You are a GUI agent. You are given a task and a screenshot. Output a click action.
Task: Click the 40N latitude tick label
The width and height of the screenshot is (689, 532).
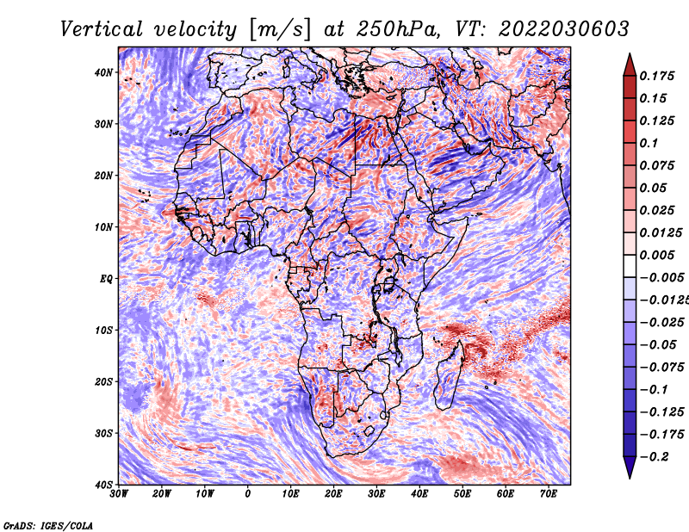tap(103, 72)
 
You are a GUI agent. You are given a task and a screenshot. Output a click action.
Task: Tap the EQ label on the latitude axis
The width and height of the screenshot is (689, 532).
tap(106, 279)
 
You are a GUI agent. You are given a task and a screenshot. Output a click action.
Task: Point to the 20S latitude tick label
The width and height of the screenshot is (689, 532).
tap(103, 381)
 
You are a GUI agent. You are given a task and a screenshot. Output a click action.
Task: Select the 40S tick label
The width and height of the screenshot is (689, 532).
tap(103, 485)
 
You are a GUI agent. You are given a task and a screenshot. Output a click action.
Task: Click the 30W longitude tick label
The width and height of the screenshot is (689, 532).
tap(119, 494)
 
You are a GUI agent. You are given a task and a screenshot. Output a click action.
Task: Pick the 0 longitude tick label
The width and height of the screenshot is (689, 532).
tap(248, 494)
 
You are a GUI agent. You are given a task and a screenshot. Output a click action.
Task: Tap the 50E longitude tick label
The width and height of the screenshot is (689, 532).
tap(462, 494)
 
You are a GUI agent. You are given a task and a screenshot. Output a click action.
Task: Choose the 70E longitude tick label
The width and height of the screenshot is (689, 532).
tap(549, 494)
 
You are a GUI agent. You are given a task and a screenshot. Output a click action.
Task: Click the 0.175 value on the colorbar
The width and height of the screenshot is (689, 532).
tap(657, 76)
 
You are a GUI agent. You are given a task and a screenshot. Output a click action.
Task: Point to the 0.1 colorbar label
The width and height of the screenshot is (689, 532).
tap(649, 143)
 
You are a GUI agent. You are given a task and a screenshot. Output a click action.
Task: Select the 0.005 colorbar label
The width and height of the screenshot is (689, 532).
tap(657, 255)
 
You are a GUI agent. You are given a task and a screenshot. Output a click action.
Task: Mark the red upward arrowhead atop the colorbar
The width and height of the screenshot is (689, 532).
tap(630, 66)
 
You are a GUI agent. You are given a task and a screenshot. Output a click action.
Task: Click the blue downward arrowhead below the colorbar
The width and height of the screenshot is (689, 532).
tap(630, 467)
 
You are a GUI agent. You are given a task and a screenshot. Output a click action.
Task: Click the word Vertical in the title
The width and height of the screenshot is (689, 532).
tap(102, 29)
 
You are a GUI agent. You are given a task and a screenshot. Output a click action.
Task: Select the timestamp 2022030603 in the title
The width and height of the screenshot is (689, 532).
tap(564, 29)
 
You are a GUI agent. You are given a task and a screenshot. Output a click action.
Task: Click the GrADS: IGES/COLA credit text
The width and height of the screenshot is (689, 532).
tap(48, 525)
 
